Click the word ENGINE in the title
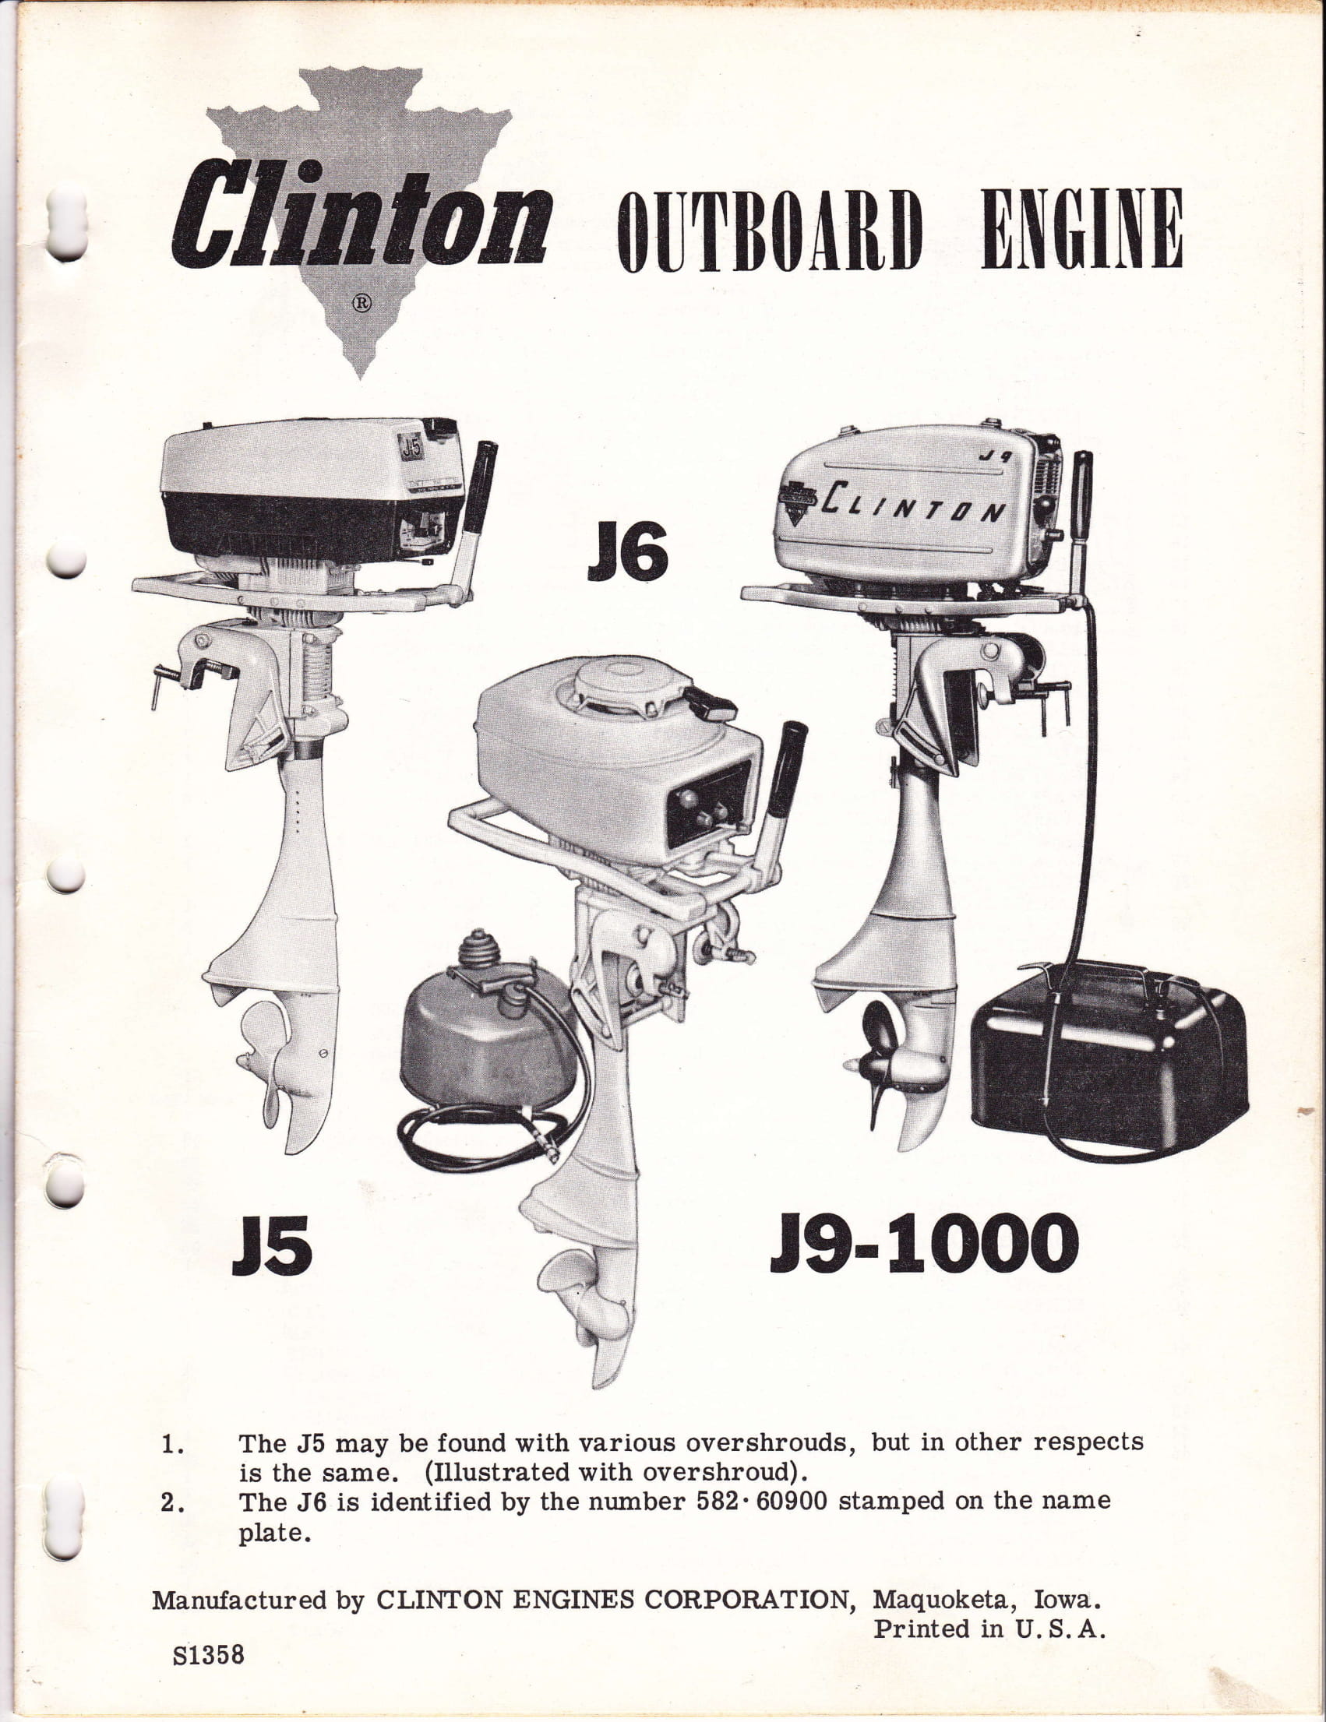point(1081,230)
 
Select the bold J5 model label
point(272,1247)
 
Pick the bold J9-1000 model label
point(924,1243)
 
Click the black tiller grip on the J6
point(786,767)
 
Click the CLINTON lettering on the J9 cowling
point(913,502)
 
